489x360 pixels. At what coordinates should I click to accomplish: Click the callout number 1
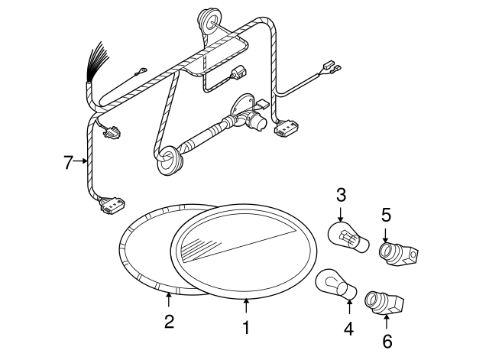[246, 327]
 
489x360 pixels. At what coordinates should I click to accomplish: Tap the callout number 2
[169, 321]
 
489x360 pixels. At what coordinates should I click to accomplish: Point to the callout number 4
[348, 329]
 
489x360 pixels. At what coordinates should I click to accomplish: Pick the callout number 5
[386, 215]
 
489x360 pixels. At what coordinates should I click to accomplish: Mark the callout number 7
[67, 161]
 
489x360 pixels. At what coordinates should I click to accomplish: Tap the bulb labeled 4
[337, 286]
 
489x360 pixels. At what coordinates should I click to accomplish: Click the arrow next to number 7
[81, 161]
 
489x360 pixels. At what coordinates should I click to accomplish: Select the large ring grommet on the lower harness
[169, 159]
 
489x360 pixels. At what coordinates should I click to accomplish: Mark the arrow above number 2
[169, 300]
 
